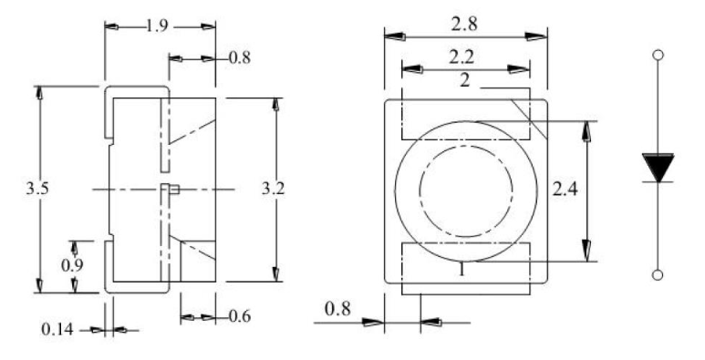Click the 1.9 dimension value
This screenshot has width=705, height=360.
point(158,26)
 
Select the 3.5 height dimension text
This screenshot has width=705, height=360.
point(36,189)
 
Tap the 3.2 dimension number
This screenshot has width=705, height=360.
point(273,189)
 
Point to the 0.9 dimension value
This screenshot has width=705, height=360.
point(72,265)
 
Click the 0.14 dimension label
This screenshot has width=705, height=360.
point(57,329)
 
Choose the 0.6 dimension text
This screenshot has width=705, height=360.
point(240,316)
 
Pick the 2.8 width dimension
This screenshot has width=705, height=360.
point(464,25)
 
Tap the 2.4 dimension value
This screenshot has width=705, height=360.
point(565,190)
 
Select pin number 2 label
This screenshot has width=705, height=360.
point(465,81)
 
